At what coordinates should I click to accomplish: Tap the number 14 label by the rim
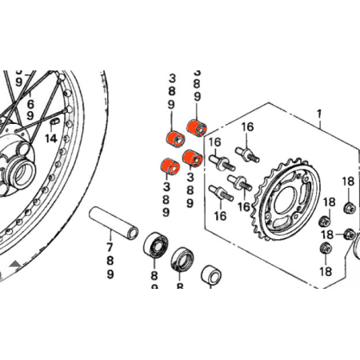point(51,138)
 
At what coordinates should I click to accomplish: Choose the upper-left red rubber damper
point(170,137)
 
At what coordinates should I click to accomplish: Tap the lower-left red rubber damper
point(166,166)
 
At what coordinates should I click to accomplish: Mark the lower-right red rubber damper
point(191,157)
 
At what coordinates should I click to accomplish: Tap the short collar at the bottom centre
point(212,274)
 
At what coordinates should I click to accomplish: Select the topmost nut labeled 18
point(349,208)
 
